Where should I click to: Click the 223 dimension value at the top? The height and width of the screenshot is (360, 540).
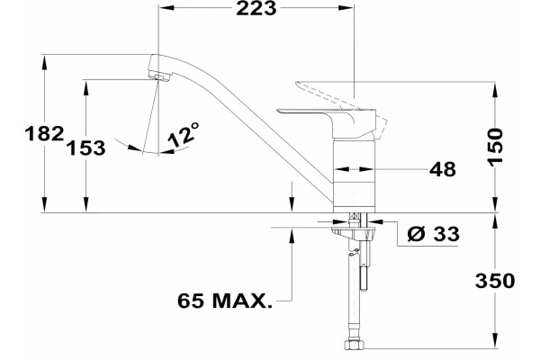pos(256,8)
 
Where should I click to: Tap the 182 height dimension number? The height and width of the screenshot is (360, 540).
pos(44,133)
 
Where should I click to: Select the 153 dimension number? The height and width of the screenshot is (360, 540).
pos(85,148)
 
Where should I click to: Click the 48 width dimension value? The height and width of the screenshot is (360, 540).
pos(443,169)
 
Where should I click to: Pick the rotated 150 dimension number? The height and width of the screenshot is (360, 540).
pos(496,147)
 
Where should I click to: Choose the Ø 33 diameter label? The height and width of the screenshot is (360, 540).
pos(434,234)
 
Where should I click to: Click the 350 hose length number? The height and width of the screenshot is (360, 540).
pos(495,281)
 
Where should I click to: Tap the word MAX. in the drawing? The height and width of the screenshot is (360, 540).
pos(242,301)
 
